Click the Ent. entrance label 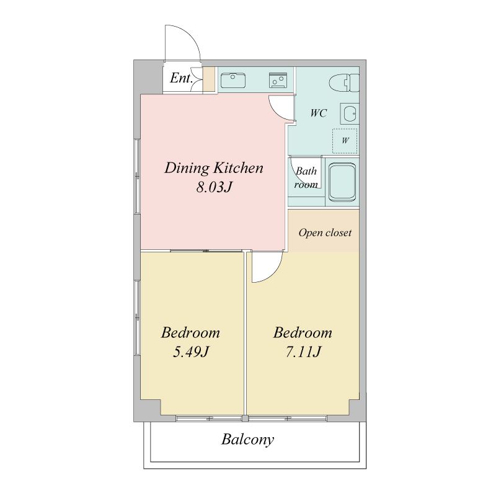pyautogui.click(x=181, y=78)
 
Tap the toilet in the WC pyautogui.click(x=344, y=82)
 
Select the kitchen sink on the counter pyautogui.click(x=233, y=81)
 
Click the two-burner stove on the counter pyautogui.click(x=278, y=81)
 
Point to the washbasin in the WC pyautogui.click(x=350, y=113)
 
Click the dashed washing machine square pyautogui.click(x=345, y=141)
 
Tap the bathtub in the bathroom pyautogui.click(x=342, y=182)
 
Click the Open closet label pyautogui.click(x=325, y=233)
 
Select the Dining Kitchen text pyautogui.click(x=213, y=167)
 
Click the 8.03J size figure pyautogui.click(x=215, y=187)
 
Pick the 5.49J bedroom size pyautogui.click(x=191, y=352)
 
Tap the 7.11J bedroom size pyautogui.click(x=303, y=352)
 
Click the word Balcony pyautogui.click(x=247, y=440)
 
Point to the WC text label pyautogui.click(x=318, y=113)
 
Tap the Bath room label pyautogui.click(x=306, y=177)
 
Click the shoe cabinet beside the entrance pyautogui.click(x=209, y=79)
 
